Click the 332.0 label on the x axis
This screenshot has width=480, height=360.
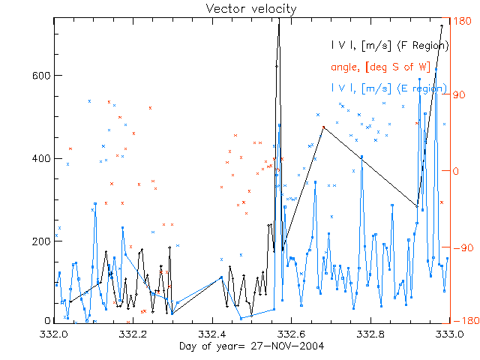pos(55,333)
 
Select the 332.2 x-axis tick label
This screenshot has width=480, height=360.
pos(133,333)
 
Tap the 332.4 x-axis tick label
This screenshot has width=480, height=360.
pos(212,333)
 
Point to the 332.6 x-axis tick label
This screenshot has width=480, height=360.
pos(291,333)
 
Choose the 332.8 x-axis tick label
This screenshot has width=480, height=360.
pos(370,333)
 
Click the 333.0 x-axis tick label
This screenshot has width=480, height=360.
pos(447,333)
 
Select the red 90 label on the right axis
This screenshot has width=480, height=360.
pos(458,96)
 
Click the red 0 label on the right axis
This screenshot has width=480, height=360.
pos(454,171)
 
